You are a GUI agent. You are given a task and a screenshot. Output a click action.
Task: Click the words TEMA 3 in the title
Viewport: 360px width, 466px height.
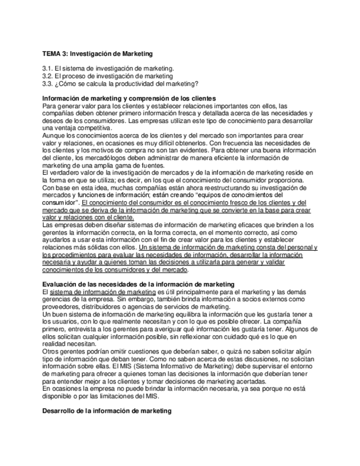[x=54, y=54]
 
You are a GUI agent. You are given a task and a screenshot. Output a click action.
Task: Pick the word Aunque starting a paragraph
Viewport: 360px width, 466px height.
[x=54, y=135]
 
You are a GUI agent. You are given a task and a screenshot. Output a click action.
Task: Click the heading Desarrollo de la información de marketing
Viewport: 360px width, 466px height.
[x=107, y=410]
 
